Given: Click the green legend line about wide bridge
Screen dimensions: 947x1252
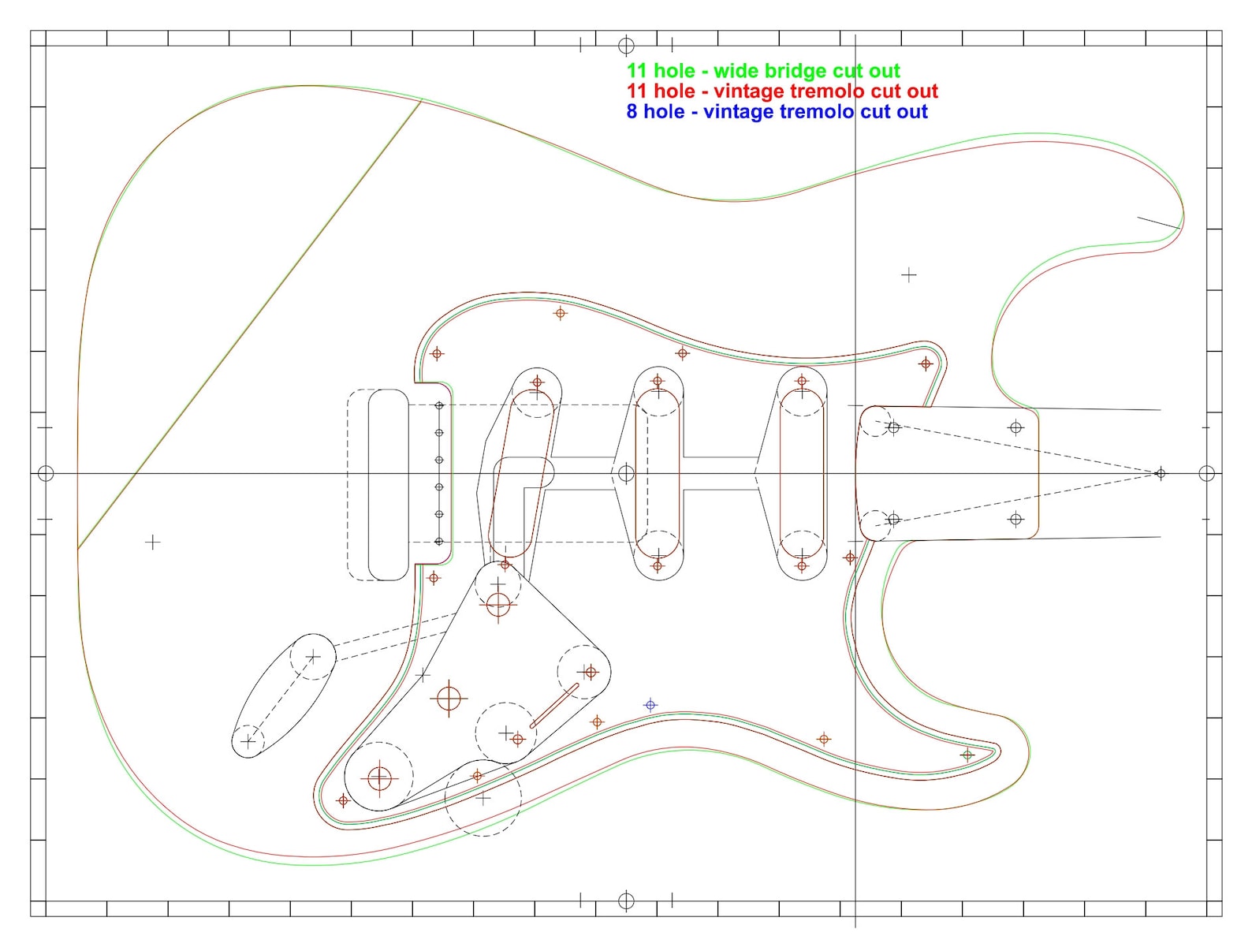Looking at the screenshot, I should click(762, 71).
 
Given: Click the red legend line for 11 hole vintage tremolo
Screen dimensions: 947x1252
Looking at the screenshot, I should click(781, 91).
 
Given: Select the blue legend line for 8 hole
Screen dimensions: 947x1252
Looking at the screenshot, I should click(777, 112).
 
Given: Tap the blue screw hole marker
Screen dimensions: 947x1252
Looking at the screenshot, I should click(650, 705).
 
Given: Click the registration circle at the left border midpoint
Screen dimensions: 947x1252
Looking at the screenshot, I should click(46, 473).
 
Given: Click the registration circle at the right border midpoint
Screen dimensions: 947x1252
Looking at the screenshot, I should click(1206, 473).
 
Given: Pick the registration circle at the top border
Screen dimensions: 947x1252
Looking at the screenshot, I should click(626, 45).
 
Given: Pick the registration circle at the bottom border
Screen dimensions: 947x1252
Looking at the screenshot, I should click(626, 900).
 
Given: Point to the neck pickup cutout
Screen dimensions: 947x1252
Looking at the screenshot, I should click(802, 473).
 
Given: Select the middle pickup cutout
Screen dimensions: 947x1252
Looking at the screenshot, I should click(658, 473).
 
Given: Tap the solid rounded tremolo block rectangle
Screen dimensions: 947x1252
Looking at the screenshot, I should click(388, 484).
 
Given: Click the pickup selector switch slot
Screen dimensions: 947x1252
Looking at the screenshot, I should click(554, 706).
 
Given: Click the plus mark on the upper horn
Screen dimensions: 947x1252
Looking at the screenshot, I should click(909, 274).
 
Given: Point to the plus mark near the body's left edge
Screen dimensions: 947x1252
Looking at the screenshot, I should click(153, 542).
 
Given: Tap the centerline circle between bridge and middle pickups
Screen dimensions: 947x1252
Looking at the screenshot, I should click(626, 473).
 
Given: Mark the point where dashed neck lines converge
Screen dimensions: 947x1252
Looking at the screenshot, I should click(1160, 473).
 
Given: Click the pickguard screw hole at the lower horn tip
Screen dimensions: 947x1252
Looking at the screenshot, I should click(967, 755).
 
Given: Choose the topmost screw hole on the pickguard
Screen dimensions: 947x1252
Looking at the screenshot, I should click(561, 313).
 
